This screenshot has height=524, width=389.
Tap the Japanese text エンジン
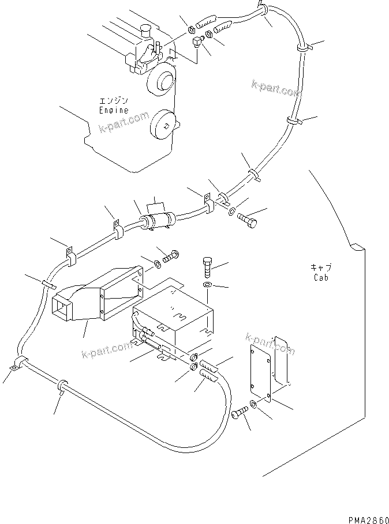point(113,101)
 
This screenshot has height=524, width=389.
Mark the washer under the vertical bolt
point(208,285)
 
